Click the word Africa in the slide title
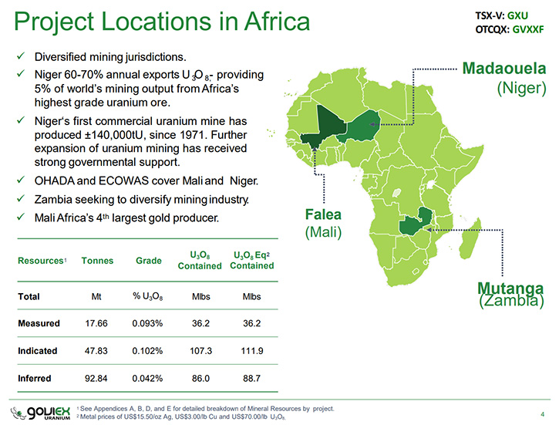277,22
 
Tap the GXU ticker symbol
517,15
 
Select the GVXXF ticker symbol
528,29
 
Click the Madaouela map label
503,68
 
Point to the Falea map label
323,214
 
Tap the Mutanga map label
510,288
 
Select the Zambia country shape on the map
415,222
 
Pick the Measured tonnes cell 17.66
96,323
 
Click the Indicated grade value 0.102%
147,351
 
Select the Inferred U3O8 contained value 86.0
200,378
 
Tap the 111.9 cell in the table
251,351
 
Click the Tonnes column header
97,261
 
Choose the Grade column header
148,261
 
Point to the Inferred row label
34,378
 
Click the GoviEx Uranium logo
40,413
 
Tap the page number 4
543,414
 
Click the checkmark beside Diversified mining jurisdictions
21,56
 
